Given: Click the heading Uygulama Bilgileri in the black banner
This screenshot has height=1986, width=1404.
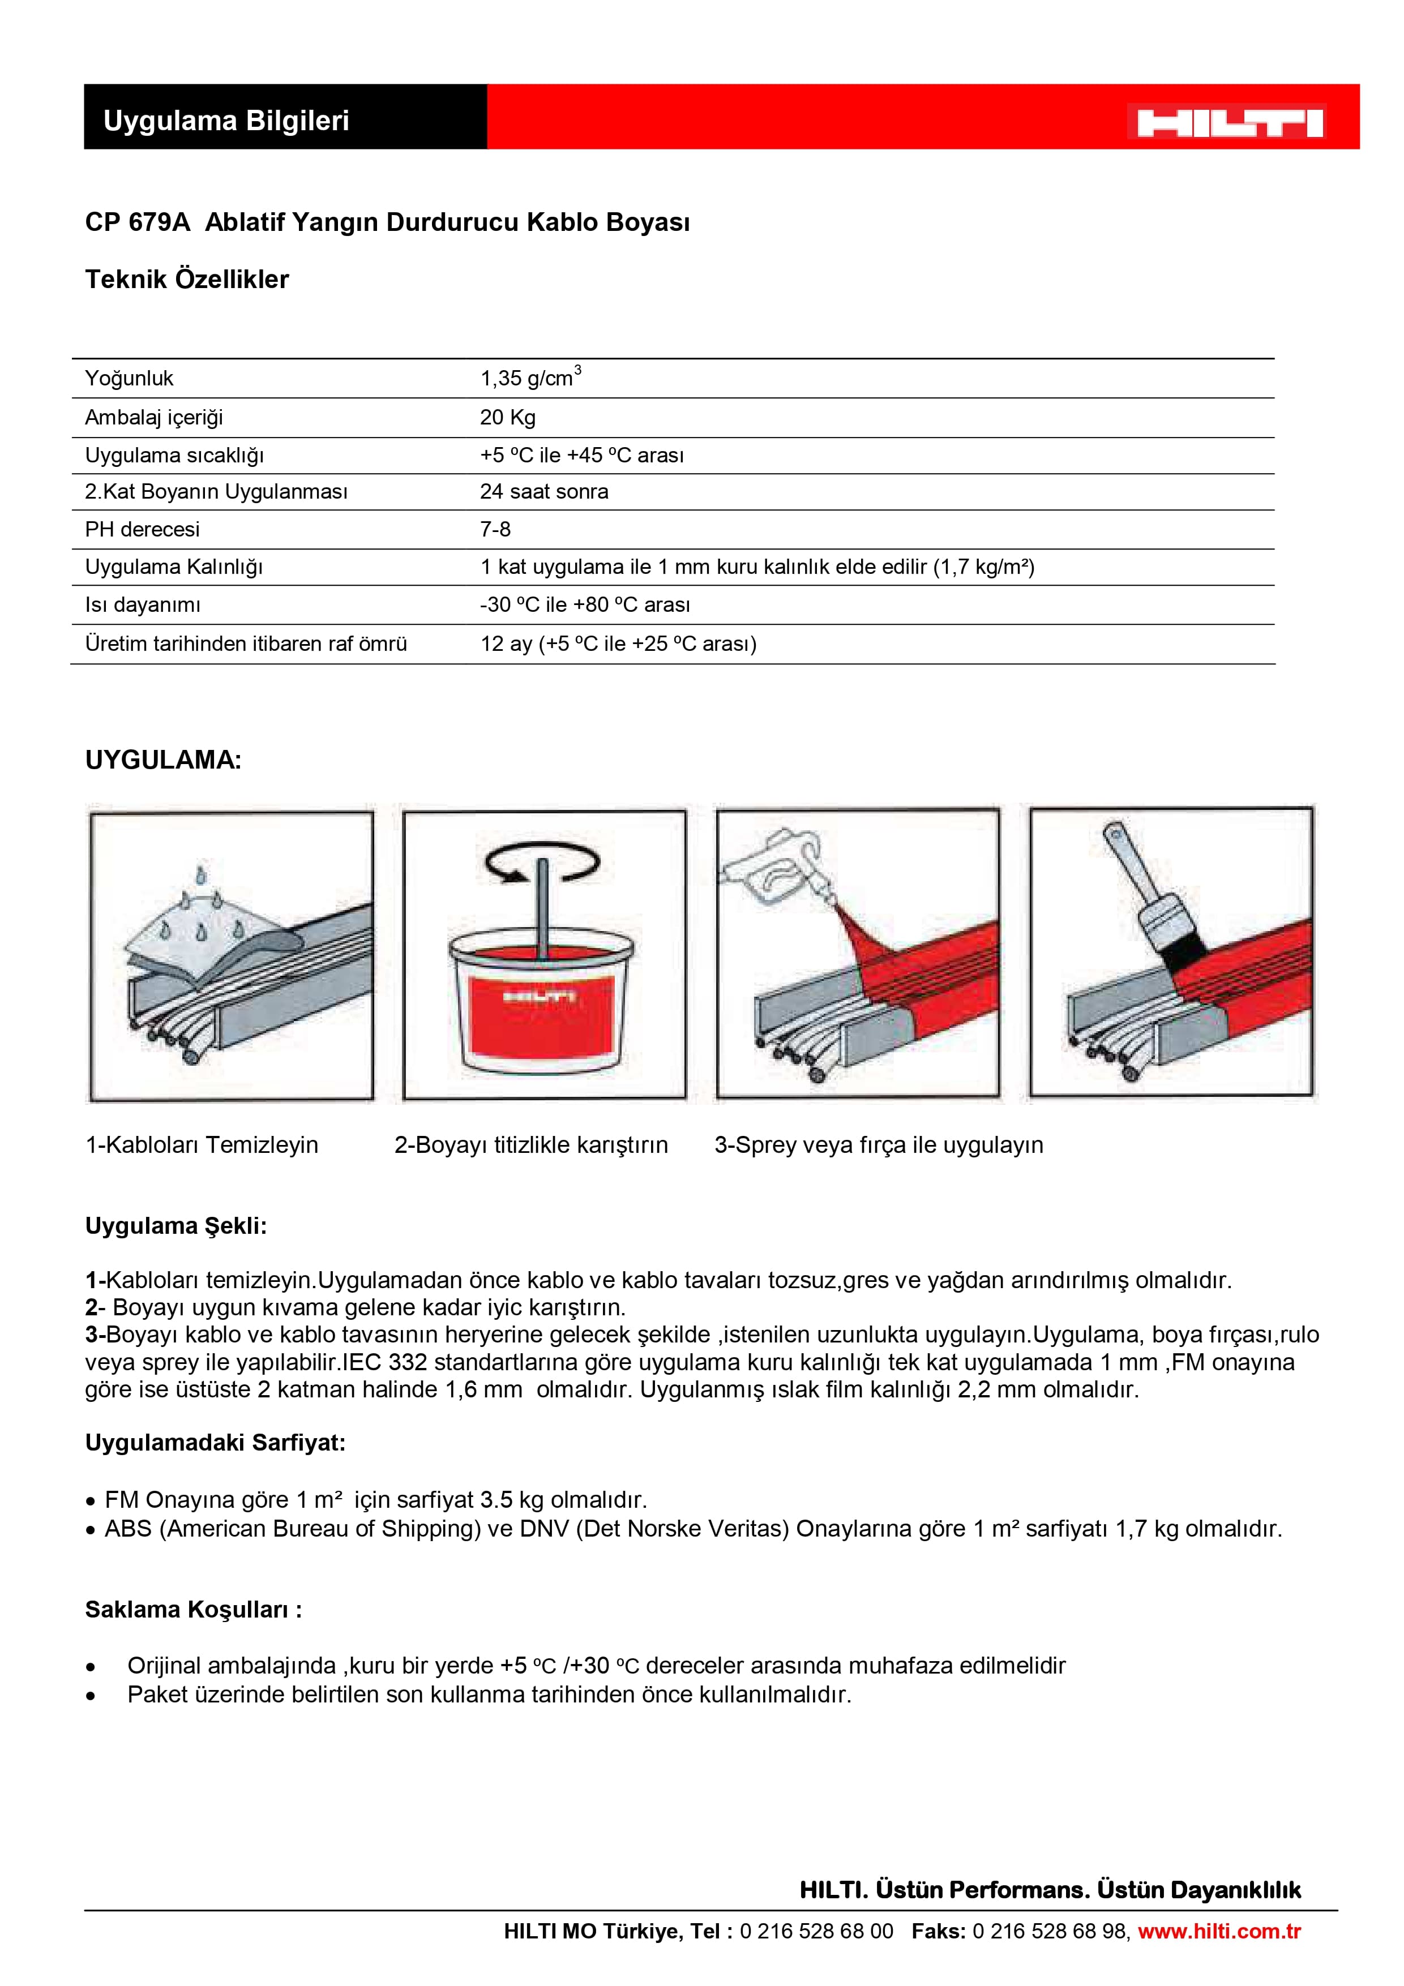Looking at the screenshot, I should tap(226, 120).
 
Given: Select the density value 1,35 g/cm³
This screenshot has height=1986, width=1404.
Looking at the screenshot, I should tap(529, 377).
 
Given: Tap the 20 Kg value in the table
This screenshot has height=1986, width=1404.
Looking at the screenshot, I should tap(508, 417).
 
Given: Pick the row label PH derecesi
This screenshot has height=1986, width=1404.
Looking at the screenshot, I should tap(142, 529).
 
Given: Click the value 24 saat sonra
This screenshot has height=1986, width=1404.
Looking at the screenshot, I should tap(543, 491).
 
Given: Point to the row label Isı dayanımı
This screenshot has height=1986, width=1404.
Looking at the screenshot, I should tap(142, 604).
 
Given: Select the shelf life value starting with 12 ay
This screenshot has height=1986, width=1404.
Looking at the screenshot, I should tap(618, 644).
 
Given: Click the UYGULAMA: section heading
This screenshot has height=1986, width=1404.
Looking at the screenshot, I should tap(162, 760).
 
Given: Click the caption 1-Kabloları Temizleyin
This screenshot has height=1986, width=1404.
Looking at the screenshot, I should tap(202, 1144).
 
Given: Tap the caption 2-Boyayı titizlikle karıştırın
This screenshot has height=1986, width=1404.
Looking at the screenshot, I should tap(531, 1144).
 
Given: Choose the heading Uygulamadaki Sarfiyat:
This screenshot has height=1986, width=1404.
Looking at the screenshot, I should tap(215, 1442).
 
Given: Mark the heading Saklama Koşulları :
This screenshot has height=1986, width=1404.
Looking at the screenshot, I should tap(193, 1609).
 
